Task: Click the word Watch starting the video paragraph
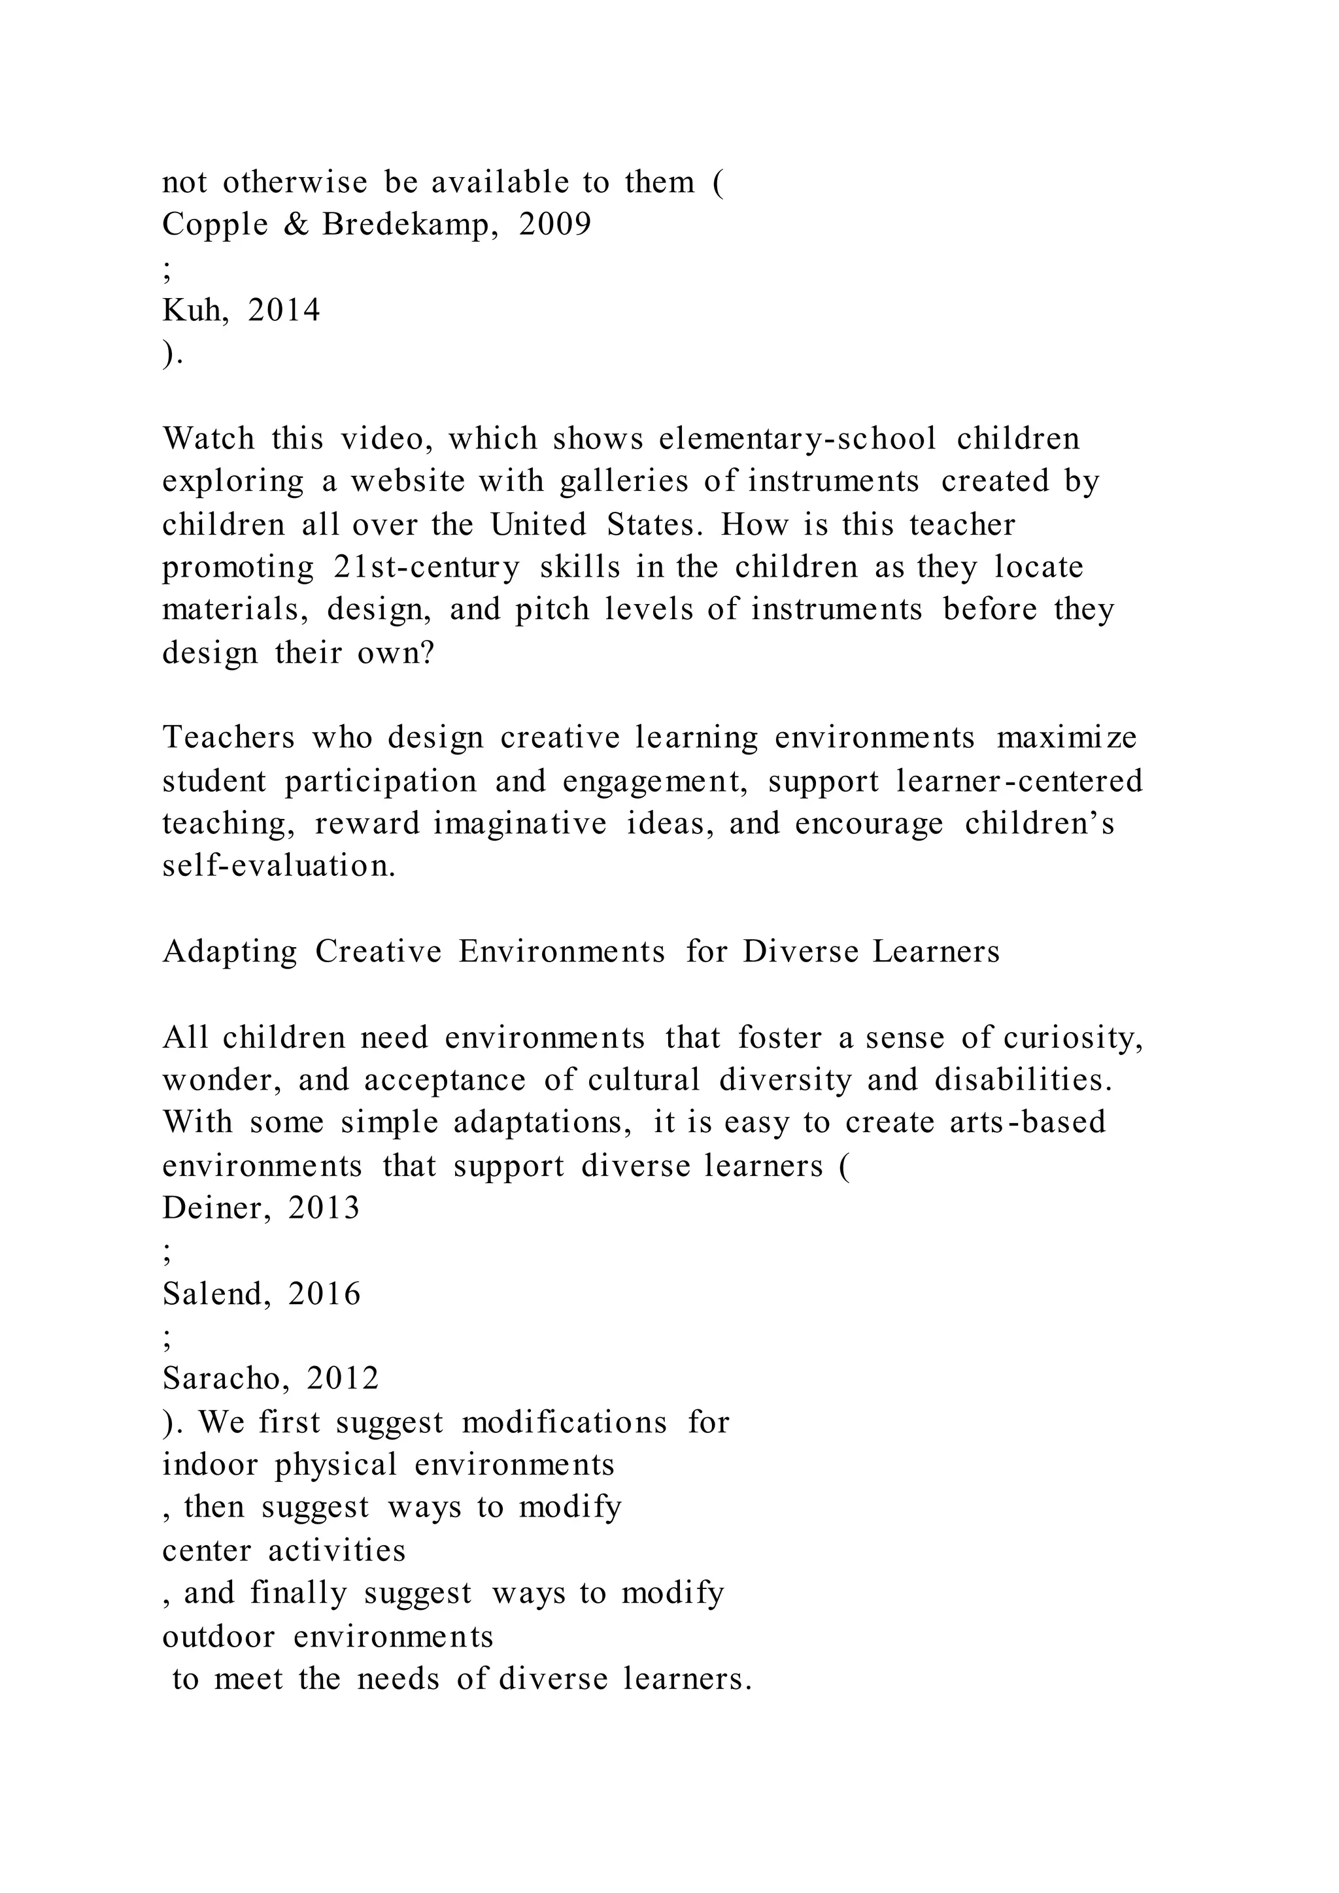click(x=209, y=439)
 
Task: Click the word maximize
click(x=1067, y=738)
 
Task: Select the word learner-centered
click(x=1020, y=780)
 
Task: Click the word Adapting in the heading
click(x=229, y=952)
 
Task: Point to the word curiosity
click(x=1073, y=1037)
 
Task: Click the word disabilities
click(x=1023, y=1080)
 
